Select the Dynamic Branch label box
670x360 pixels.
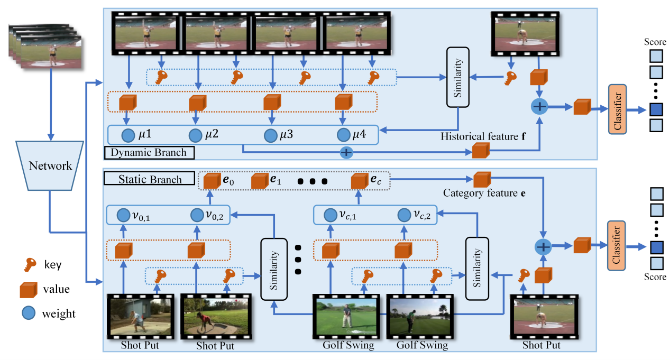pyautogui.click(x=149, y=153)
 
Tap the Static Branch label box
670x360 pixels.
pyautogui.click(x=150, y=179)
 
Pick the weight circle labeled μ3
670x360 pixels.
pyautogui.click(x=271, y=135)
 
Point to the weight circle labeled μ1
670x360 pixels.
pyautogui.click(x=128, y=135)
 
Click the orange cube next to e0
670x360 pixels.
pyautogui.click(x=212, y=181)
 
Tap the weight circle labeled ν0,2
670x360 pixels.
pyautogui.click(x=197, y=215)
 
